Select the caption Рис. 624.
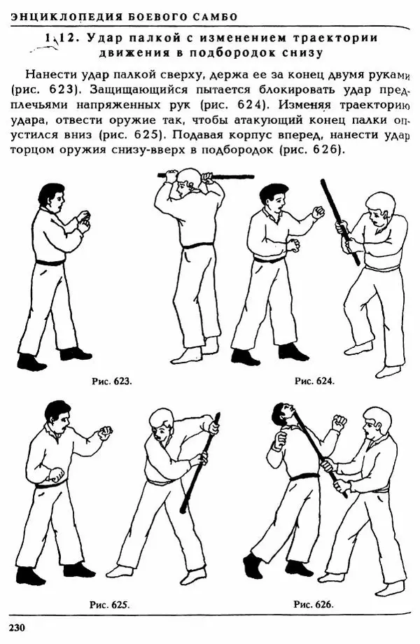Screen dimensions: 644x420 (x=314, y=381)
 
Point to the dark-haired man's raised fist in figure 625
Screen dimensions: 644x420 (x=105, y=432)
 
